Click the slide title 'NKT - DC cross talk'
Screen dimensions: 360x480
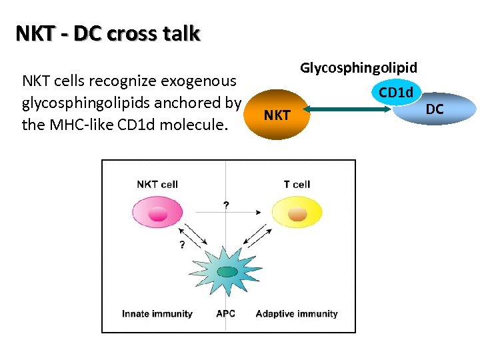[107, 33]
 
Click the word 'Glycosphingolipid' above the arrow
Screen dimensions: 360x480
[359, 67]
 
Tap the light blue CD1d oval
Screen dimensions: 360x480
[396, 92]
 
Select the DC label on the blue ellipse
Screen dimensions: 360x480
[435, 109]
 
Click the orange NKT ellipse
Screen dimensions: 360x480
[277, 115]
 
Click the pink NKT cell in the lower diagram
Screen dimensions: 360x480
[157, 213]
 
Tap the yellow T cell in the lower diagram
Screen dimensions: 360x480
[297, 213]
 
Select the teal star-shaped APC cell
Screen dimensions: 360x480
[226, 270]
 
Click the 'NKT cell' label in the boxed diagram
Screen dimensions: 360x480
[157, 184]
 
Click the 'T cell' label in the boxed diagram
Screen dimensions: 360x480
[297, 184]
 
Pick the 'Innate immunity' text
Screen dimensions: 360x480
[157, 313]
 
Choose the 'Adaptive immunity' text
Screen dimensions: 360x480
[296, 313]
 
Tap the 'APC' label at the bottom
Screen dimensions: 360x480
[225, 313]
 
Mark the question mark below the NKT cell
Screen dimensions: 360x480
[181, 245]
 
